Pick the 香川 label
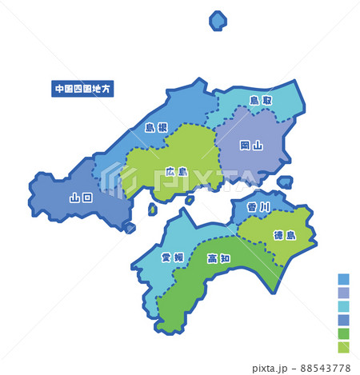(258, 207)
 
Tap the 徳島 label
(284, 235)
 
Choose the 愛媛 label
(172, 257)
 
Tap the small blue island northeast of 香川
(285, 182)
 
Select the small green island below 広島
(152, 209)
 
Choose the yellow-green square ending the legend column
(343, 347)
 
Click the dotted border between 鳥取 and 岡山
(240, 111)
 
